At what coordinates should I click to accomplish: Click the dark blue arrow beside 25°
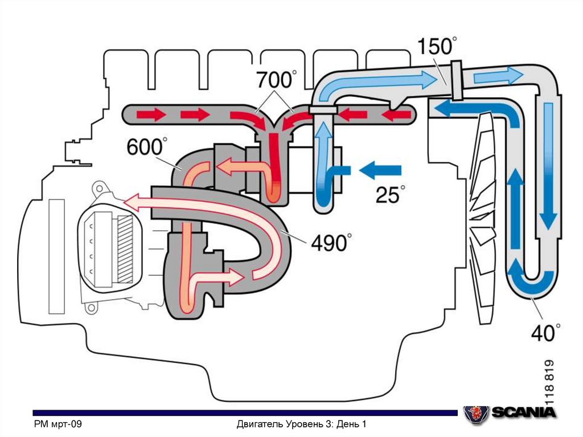click(x=380, y=169)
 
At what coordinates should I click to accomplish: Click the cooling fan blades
click(x=484, y=217)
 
